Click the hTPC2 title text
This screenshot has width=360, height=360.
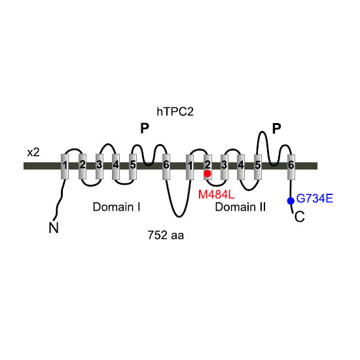(175, 112)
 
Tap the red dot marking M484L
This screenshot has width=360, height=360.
(207, 173)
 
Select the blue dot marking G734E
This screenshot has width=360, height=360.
(291, 201)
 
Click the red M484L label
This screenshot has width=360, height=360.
(216, 194)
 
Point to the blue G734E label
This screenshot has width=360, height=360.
(315, 198)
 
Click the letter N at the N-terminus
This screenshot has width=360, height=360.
(54, 228)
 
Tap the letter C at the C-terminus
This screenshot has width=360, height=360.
(299, 217)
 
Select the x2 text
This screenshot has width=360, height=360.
(33, 153)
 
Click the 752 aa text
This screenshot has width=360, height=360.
(166, 235)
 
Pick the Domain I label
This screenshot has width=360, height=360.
(117, 207)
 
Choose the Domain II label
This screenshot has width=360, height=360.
(240, 207)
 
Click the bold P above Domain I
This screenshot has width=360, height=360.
(145, 128)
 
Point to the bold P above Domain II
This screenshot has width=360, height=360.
(276, 128)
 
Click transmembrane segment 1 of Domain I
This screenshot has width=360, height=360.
(65, 166)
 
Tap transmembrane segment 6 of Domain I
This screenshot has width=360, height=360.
(166, 167)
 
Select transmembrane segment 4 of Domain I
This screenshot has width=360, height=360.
(116, 167)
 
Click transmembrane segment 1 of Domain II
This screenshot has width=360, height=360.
(190, 167)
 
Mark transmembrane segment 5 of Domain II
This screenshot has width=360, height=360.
(258, 167)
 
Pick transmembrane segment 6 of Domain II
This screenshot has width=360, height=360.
(291, 167)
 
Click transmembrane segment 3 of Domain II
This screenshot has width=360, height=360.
(225, 167)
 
